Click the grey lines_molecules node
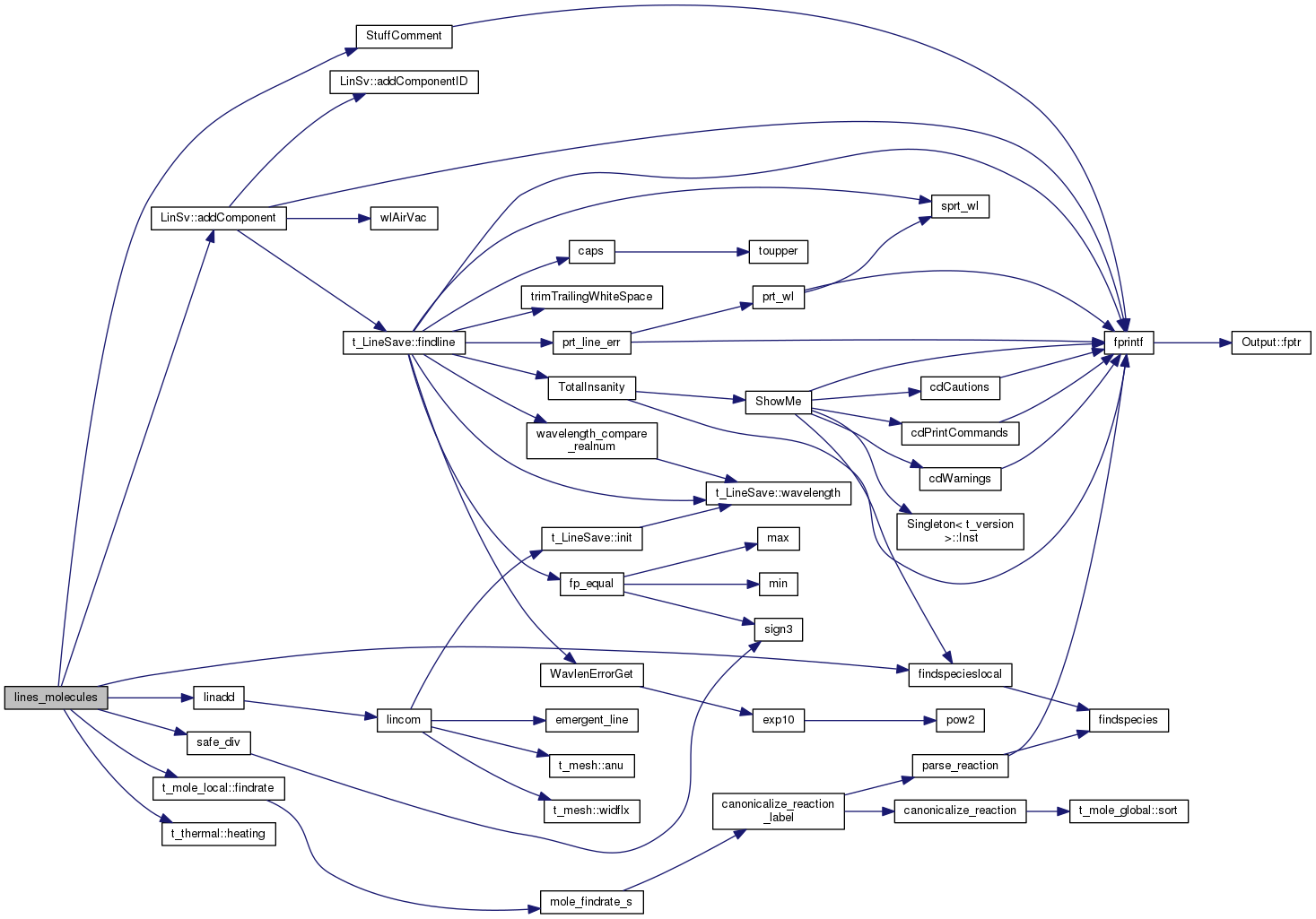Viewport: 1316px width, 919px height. tap(56, 698)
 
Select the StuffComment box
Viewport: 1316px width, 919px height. tap(404, 37)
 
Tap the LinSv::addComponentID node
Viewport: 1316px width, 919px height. tap(404, 82)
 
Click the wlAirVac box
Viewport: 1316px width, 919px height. tap(404, 219)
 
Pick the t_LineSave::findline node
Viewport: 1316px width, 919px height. tap(404, 342)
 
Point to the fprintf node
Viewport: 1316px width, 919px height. tap(1128, 342)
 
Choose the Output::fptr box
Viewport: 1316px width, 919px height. tap(1271, 342)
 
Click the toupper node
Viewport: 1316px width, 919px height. tap(778, 252)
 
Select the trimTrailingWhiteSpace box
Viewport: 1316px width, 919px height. tap(591, 297)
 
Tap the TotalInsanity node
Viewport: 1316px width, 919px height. tap(591, 388)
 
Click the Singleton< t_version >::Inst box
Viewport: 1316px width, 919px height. tap(960, 532)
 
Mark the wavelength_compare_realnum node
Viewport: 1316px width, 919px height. tap(591, 440)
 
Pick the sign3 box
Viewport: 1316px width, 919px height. tap(778, 629)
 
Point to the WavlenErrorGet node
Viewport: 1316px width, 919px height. tap(591, 675)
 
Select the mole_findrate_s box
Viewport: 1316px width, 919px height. tap(591, 902)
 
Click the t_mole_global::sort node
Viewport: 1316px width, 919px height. tap(1128, 811)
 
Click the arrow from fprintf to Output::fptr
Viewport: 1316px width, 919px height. tap(1192, 342)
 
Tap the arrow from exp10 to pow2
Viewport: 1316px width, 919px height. tap(870, 721)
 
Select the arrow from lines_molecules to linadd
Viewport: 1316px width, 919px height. tap(151, 698)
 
